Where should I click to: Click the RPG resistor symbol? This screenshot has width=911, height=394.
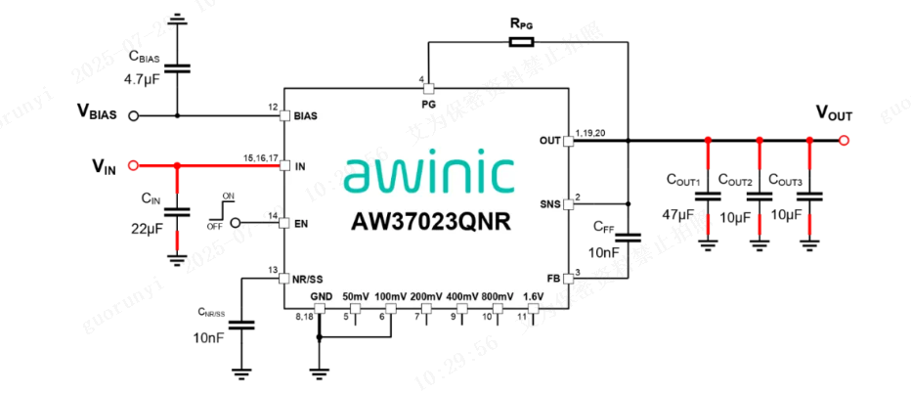[521, 42]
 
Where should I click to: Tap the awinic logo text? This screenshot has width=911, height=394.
[430, 174]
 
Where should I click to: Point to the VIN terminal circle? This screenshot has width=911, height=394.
[133, 165]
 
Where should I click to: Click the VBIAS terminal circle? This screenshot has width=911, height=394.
[133, 115]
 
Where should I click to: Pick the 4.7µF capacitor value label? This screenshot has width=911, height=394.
[142, 77]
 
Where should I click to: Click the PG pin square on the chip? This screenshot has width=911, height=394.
[428, 88]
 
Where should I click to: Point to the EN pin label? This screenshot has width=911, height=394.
[301, 224]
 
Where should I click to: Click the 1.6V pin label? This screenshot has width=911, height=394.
[533, 296]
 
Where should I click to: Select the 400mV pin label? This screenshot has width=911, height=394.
[462, 296]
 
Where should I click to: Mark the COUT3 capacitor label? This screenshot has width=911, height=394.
[787, 180]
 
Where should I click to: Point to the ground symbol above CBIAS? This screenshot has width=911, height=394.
[177, 18]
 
